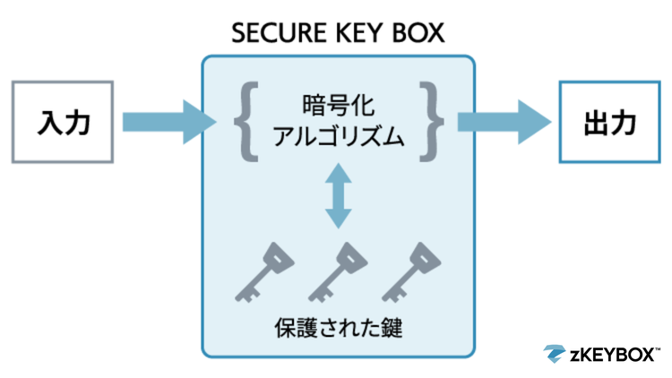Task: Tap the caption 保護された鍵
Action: (338, 328)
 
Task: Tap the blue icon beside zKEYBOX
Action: (555, 353)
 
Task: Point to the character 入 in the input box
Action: (49, 122)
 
